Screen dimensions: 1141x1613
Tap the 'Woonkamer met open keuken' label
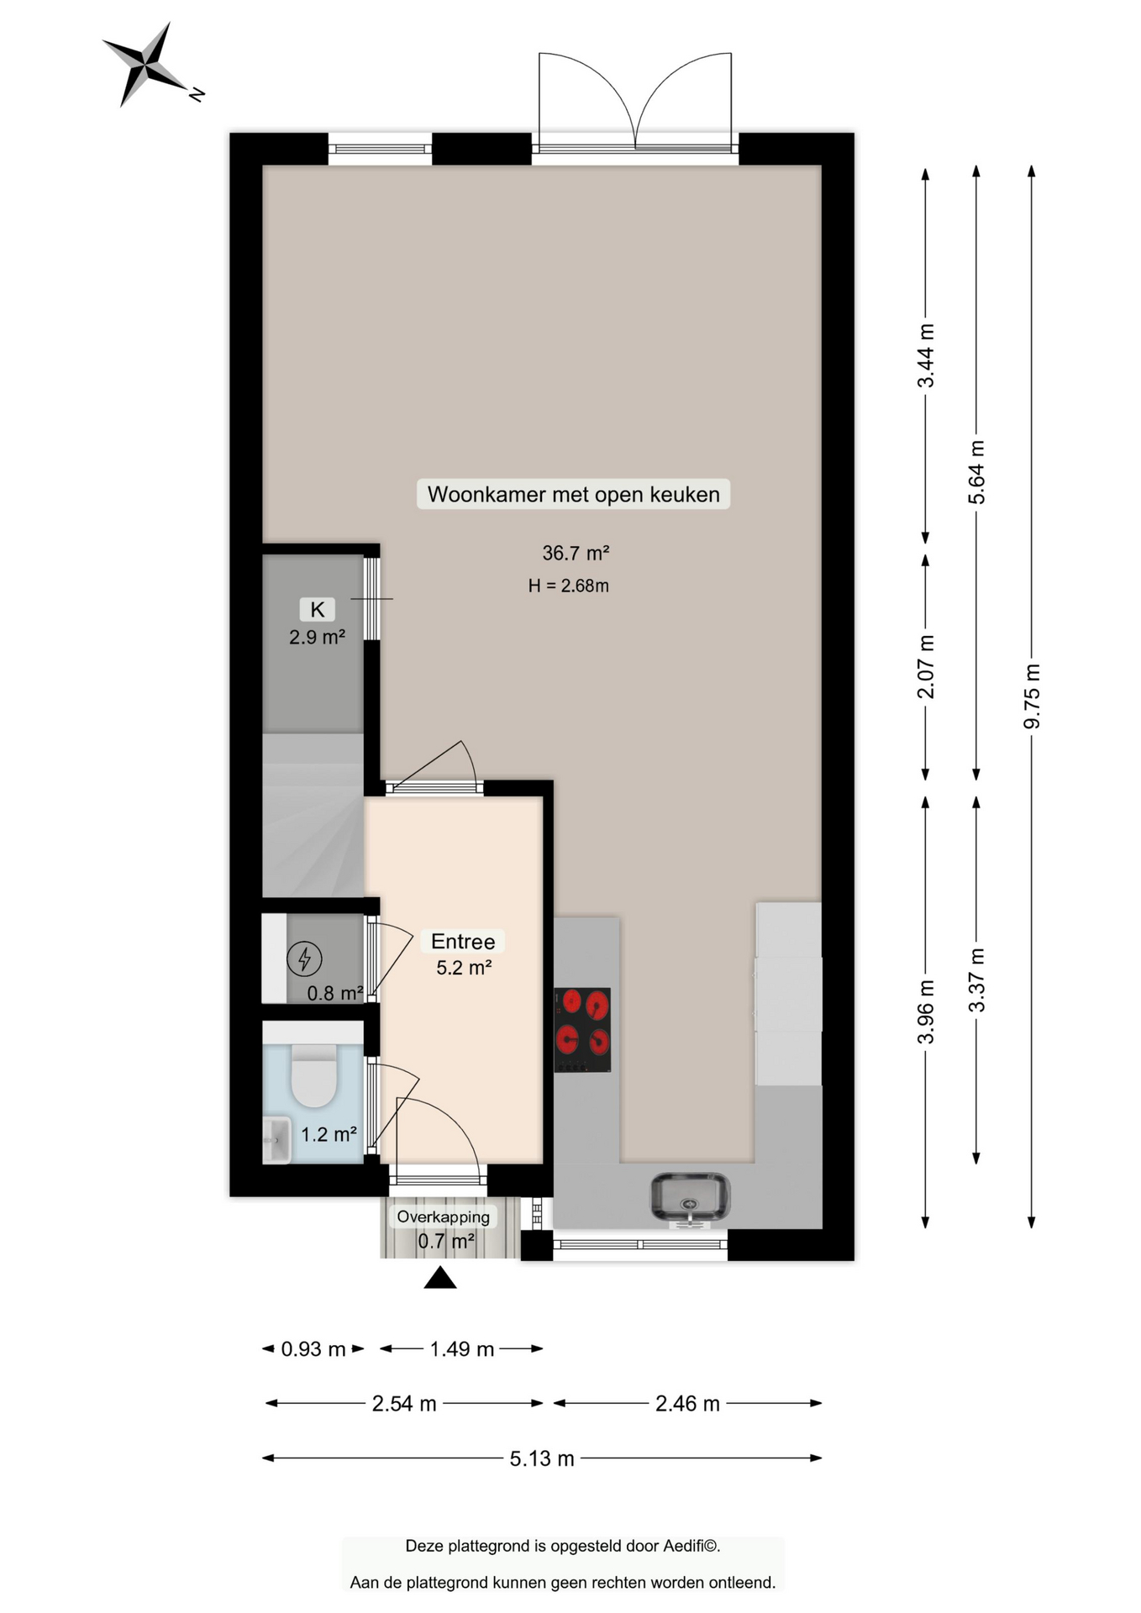(574, 494)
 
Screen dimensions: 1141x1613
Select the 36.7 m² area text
(576, 553)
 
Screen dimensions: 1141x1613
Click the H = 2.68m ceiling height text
(569, 586)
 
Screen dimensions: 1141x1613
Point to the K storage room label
(318, 609)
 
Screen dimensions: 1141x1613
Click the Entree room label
(463, 941)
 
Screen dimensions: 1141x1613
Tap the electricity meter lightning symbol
(304, 959)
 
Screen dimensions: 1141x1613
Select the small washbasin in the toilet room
(276, 1140)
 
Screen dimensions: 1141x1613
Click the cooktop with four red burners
(582, 1030)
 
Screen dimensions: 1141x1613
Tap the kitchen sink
(691, 1197)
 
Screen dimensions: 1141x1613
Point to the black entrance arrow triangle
(440, 1278)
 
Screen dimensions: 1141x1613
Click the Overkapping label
(444, 1216)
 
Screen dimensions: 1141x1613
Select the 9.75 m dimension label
(1032, 696)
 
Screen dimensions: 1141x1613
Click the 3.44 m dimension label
(926, 355)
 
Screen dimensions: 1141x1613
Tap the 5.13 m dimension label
(542, 1458)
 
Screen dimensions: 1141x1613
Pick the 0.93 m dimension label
(313, 1349)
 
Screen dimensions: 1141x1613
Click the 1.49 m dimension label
(462, 1349)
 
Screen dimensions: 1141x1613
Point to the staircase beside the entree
(313, 815)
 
